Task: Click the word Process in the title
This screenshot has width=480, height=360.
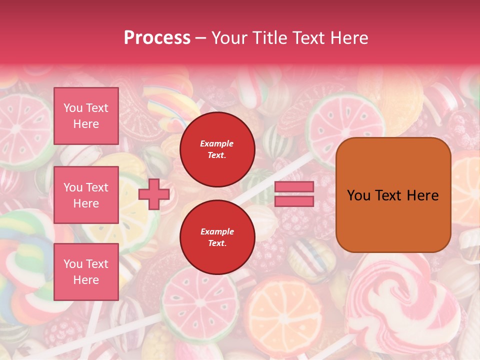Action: (x=157, y=38)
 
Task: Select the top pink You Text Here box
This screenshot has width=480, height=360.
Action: (x=86, y=116)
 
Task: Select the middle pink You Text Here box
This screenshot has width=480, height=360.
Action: (x=86, y=195)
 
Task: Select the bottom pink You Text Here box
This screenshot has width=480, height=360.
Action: (x=86, y=272)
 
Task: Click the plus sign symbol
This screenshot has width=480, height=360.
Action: (x=154, y=194)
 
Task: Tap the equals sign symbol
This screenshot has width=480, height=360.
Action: (x=294, y=194)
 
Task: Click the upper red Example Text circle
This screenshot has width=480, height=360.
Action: (x=217, y=149)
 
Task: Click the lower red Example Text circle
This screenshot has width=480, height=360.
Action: (x=217, y=237)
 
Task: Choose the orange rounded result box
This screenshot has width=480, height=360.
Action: (x=393, y=195)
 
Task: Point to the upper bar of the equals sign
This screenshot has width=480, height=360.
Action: (x=294, y=187)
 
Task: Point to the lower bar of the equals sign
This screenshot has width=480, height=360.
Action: (x=294, y=201)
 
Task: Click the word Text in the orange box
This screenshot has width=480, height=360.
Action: (x=393, y=195)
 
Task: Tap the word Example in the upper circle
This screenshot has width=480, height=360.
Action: (x=217, y=144)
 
